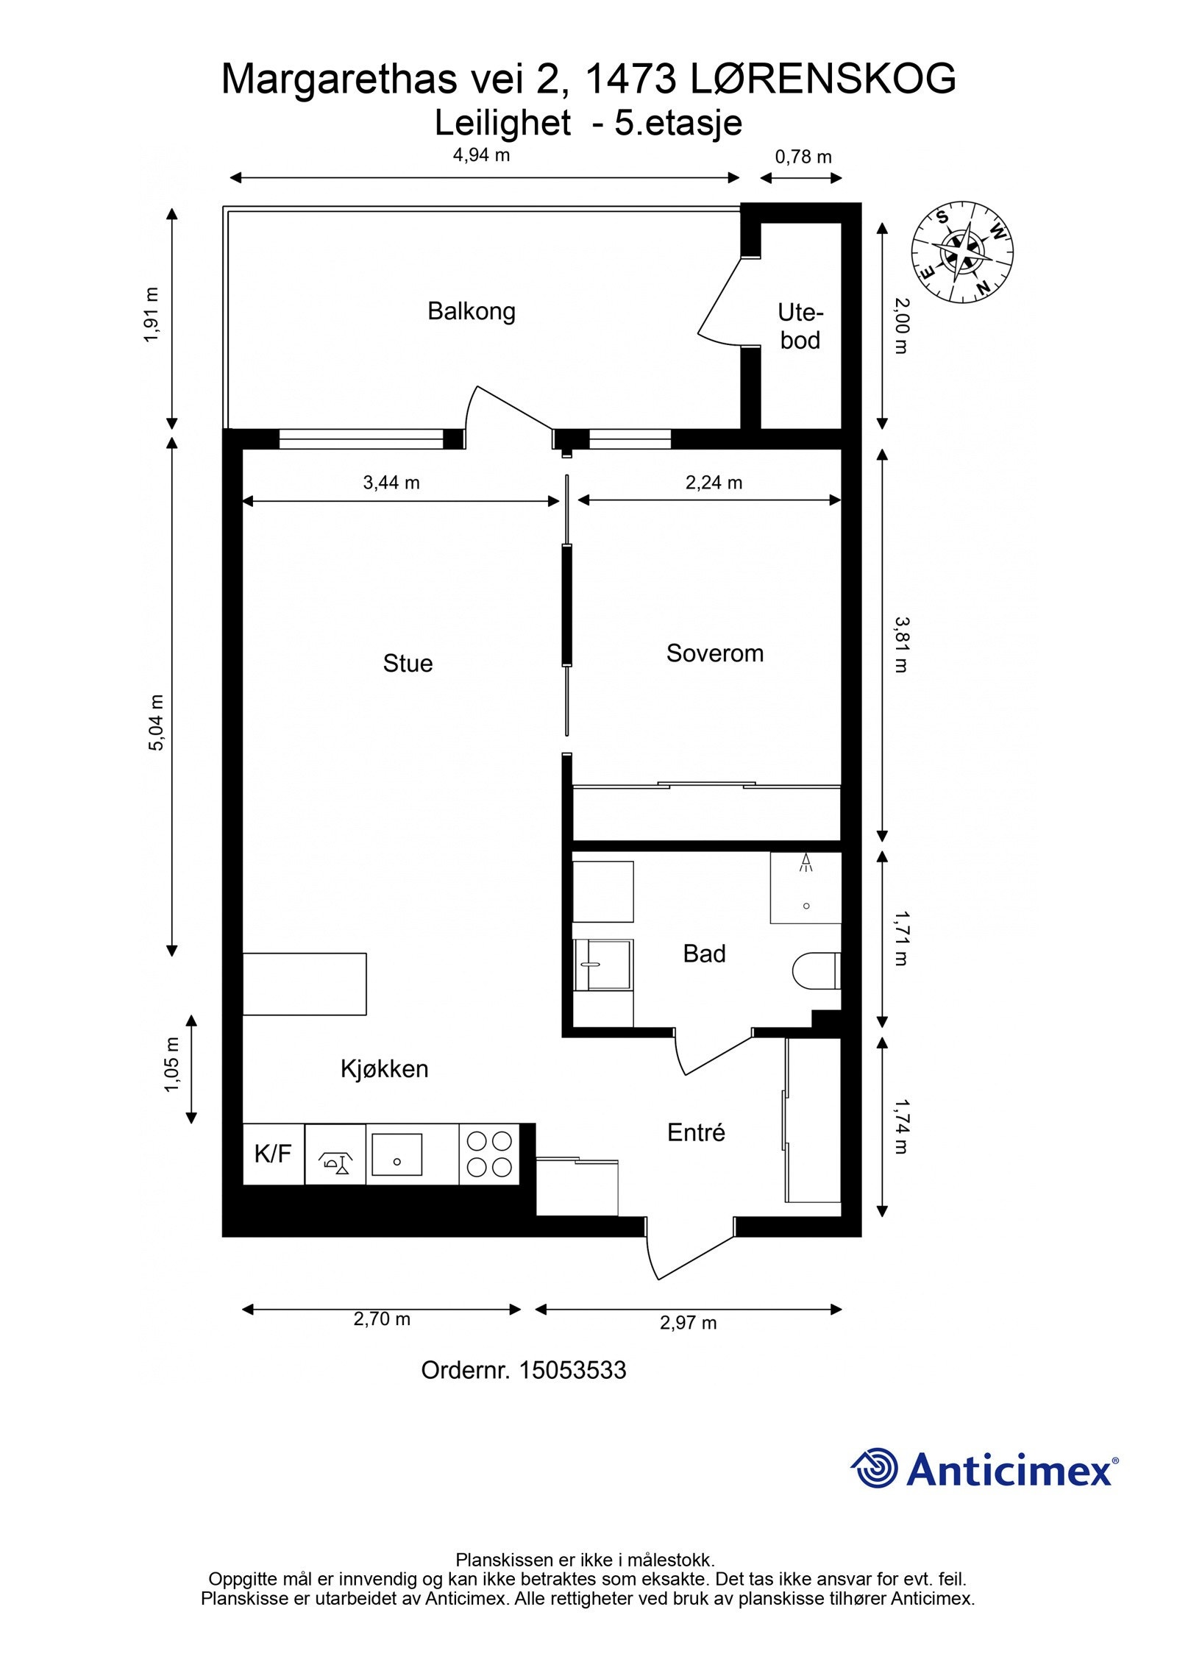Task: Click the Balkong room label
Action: tap(471, 311)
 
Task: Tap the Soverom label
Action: tap(714, 653)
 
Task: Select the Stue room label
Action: tap(408, 663)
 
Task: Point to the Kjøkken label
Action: tap(384, 1068)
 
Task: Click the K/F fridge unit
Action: tap(274, 1154)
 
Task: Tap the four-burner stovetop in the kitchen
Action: tap(489, 1154)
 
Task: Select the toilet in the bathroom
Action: tap(817, 971)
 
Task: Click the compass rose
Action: tap(962, 252)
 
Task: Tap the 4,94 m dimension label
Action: tap(481, 155)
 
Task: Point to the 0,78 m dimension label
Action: tap(803, 157)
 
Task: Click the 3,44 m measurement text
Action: tap(391, 483)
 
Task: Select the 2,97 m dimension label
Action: tap(688, 1323)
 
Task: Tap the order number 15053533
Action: tap(573, 1370)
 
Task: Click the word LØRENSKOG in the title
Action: tap(824, 79)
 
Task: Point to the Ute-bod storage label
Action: tap(800, 326)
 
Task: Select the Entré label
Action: tap(696, 1132)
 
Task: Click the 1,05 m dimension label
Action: tap(171, 1065)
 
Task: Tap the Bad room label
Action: tap(704, 954)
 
